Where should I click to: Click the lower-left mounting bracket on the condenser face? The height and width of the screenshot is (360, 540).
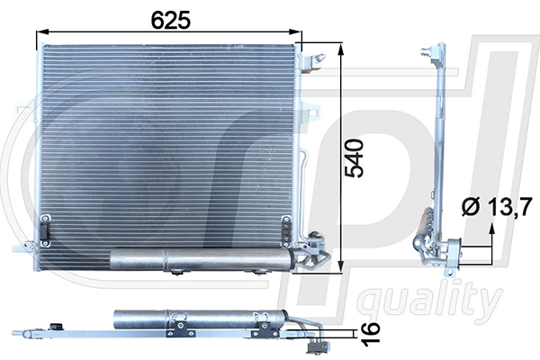pyautogui.click(x=42, y=230)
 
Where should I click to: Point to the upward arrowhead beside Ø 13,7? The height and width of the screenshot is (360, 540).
pyautogui.click(x=491, y=231)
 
